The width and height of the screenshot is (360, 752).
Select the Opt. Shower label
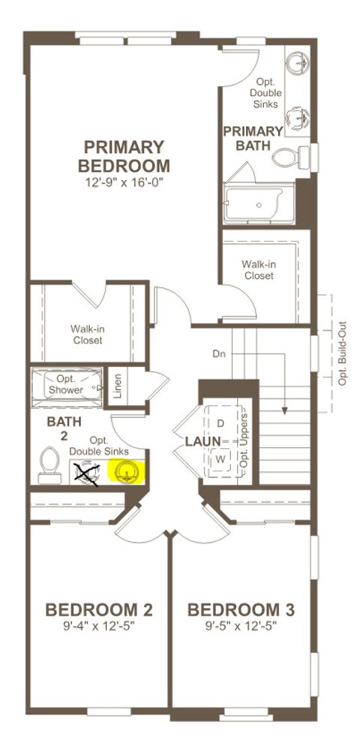click(x=66, y=385)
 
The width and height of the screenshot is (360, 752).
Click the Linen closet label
click(x=118, y=385)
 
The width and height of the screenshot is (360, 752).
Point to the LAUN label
click(x=203, y=441)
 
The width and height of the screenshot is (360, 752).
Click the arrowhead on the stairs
click(x=285, y=411)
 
